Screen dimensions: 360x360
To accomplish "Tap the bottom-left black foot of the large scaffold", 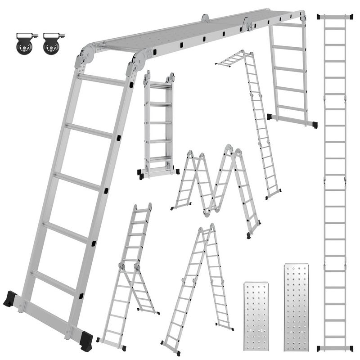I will coord(10,299).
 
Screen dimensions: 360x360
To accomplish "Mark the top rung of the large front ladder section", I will coord(101,80).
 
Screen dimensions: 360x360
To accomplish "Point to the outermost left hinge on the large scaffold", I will coord(85,56).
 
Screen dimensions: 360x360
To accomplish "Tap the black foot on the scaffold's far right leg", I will coord(314,125).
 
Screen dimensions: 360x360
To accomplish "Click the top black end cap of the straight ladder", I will coord(334,17).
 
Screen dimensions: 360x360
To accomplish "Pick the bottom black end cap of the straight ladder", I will coord(334,348).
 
